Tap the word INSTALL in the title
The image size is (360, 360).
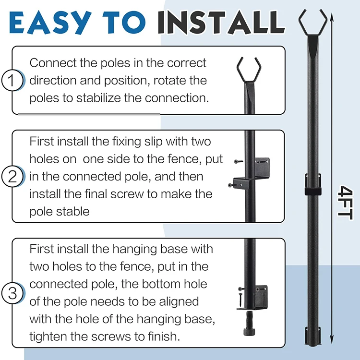(221, 23)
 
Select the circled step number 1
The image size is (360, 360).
(12, 80)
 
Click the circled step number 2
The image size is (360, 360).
(12, 176)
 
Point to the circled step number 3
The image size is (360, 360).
(12, 293)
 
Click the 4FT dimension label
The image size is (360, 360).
(345, 203)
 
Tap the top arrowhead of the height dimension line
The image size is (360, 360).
(332, 16)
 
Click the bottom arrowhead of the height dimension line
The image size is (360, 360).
(332, 341)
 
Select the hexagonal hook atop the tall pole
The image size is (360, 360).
(312, 23)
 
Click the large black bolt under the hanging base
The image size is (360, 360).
(249, 323)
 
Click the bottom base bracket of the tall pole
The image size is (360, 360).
(312, 336)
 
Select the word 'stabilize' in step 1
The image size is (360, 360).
(98, 98)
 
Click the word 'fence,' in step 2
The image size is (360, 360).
(182, 159)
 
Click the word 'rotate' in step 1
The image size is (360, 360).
(167, 81)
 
